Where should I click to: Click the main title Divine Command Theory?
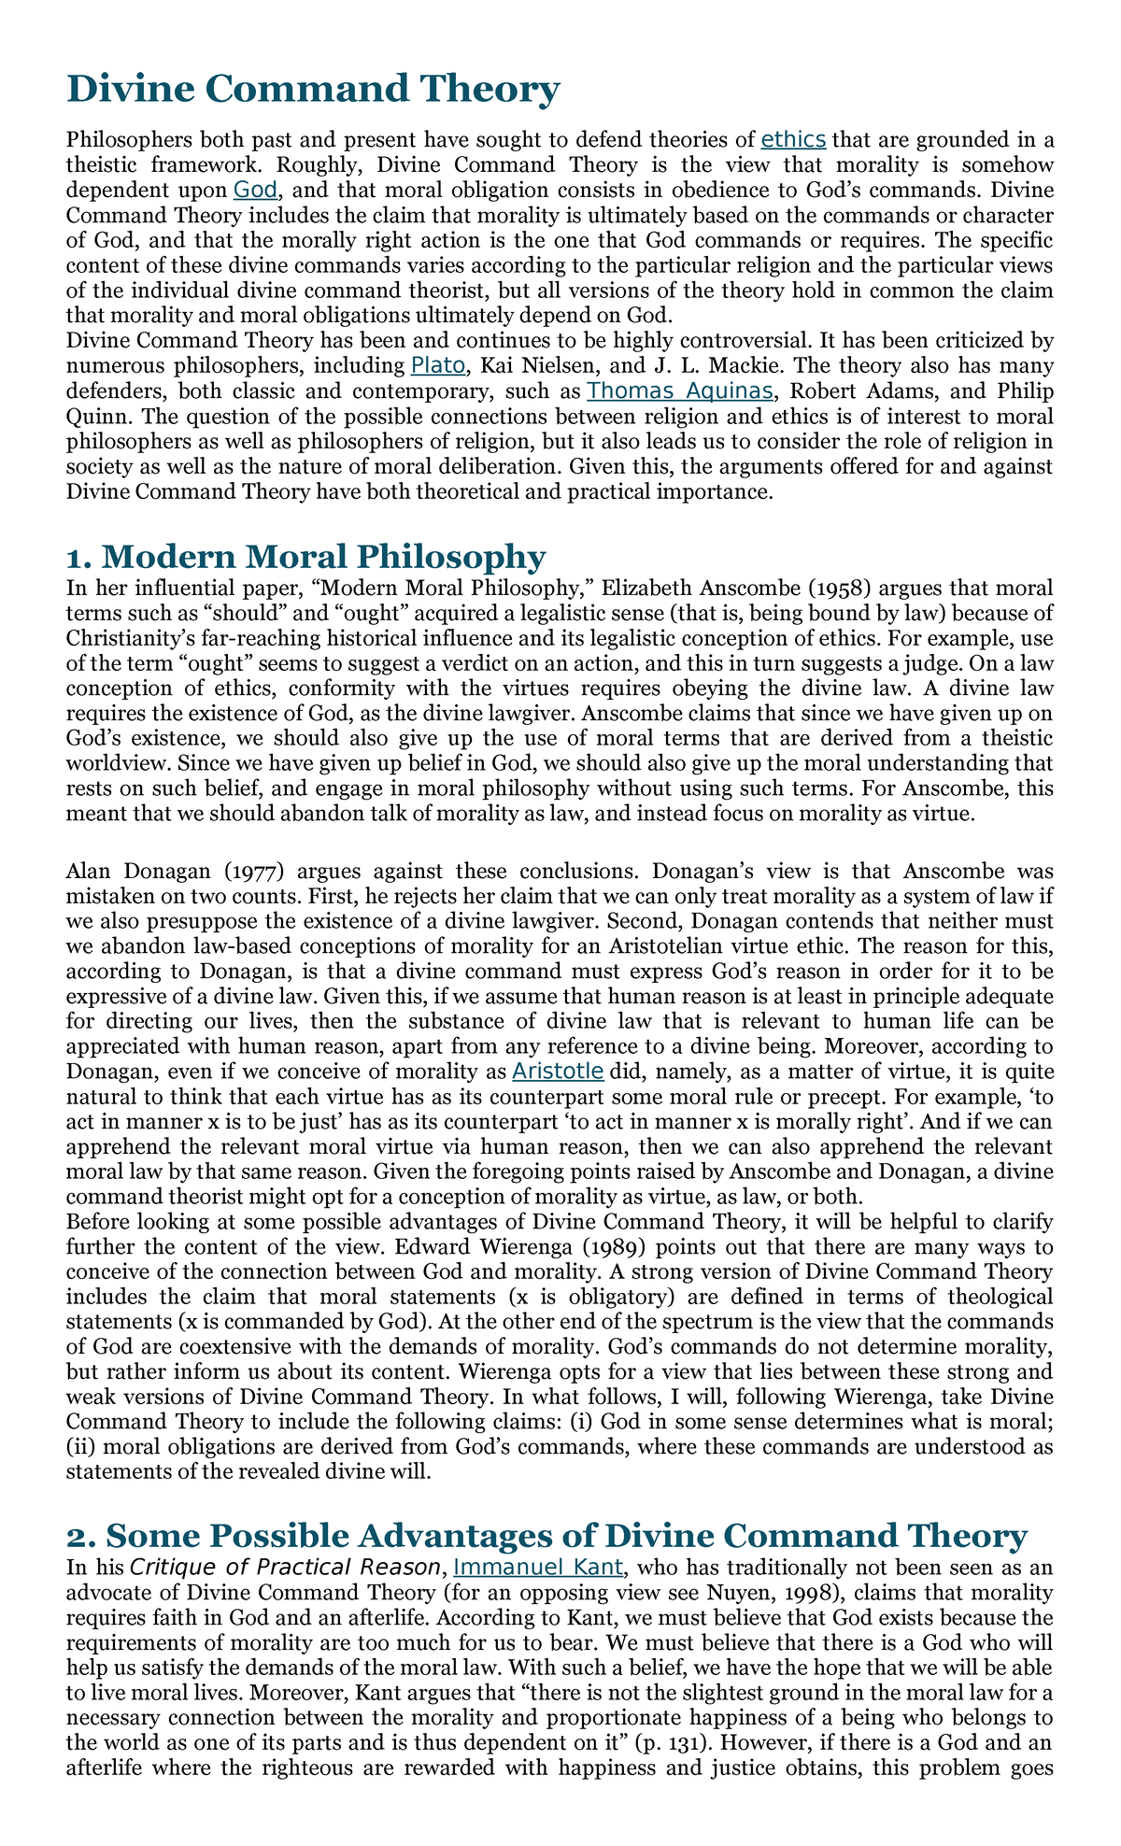314,90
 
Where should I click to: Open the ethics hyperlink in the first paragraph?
793,140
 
